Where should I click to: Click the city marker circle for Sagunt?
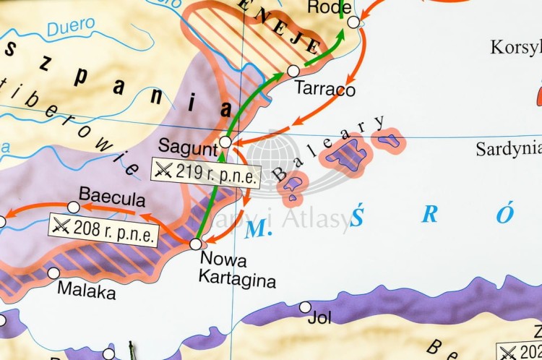[225, 142]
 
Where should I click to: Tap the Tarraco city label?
[325, 90]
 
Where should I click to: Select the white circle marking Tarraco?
[293, 71]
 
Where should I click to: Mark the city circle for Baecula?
[74, 207]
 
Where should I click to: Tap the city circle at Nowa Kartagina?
[195, 244]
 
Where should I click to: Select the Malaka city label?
[86, 293]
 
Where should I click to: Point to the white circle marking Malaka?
[53, 273]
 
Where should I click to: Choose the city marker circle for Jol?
[306, 307]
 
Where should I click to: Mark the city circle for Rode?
[353, 22]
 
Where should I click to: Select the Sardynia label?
[508, 150]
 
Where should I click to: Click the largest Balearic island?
[349, 156]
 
